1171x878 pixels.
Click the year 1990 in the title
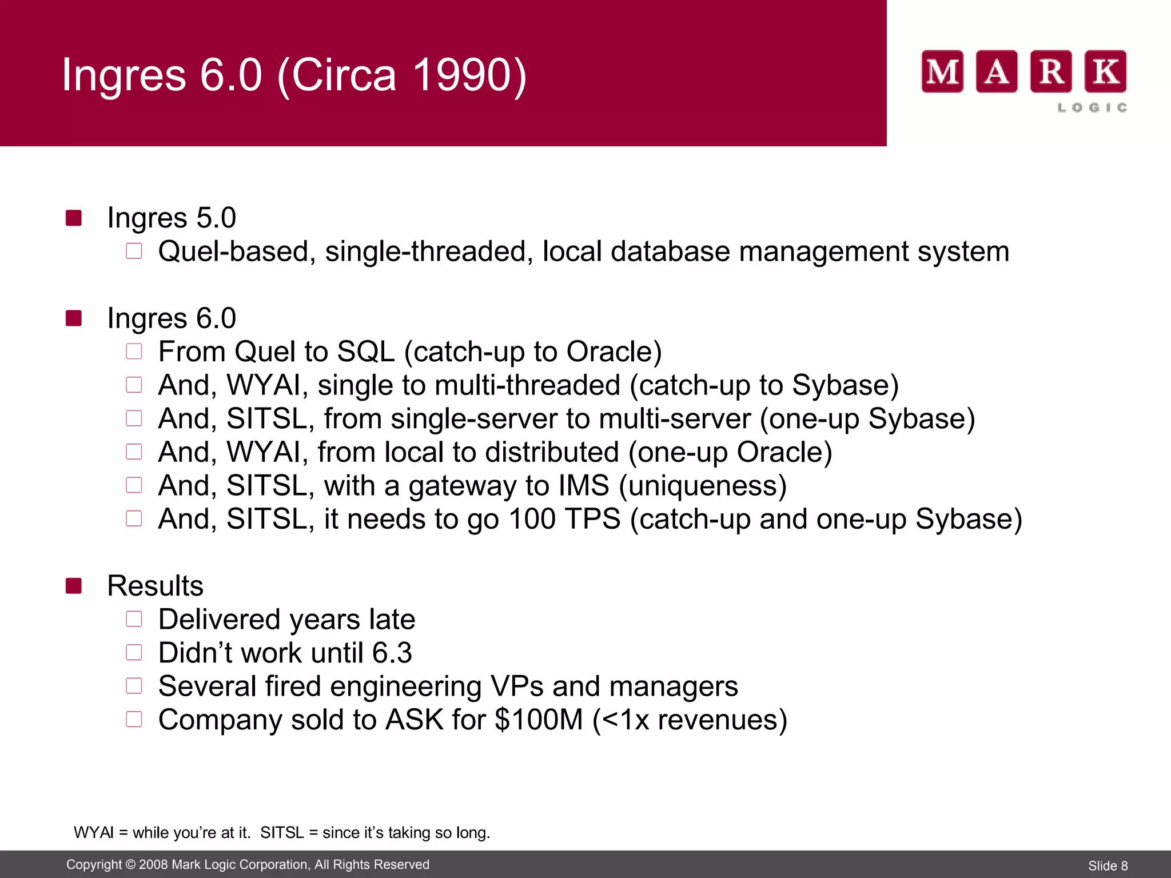click(457, 75)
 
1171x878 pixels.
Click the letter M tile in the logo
click(942, 71)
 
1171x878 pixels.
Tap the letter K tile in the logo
click(1105, 71)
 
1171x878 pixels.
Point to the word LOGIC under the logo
click(1092, 107)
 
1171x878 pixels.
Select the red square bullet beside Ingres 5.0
click(74, 218)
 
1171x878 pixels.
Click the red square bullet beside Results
click(74, 586)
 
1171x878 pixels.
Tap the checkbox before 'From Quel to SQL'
click(134, 351)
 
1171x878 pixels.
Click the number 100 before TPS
click(532, 519)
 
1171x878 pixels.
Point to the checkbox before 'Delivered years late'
click(134, 619)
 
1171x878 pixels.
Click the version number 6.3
click(392, 653)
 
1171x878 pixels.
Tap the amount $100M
click(538, 720)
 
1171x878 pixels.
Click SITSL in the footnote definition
click(282, 833)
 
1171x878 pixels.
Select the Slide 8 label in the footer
click(1108, 865)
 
